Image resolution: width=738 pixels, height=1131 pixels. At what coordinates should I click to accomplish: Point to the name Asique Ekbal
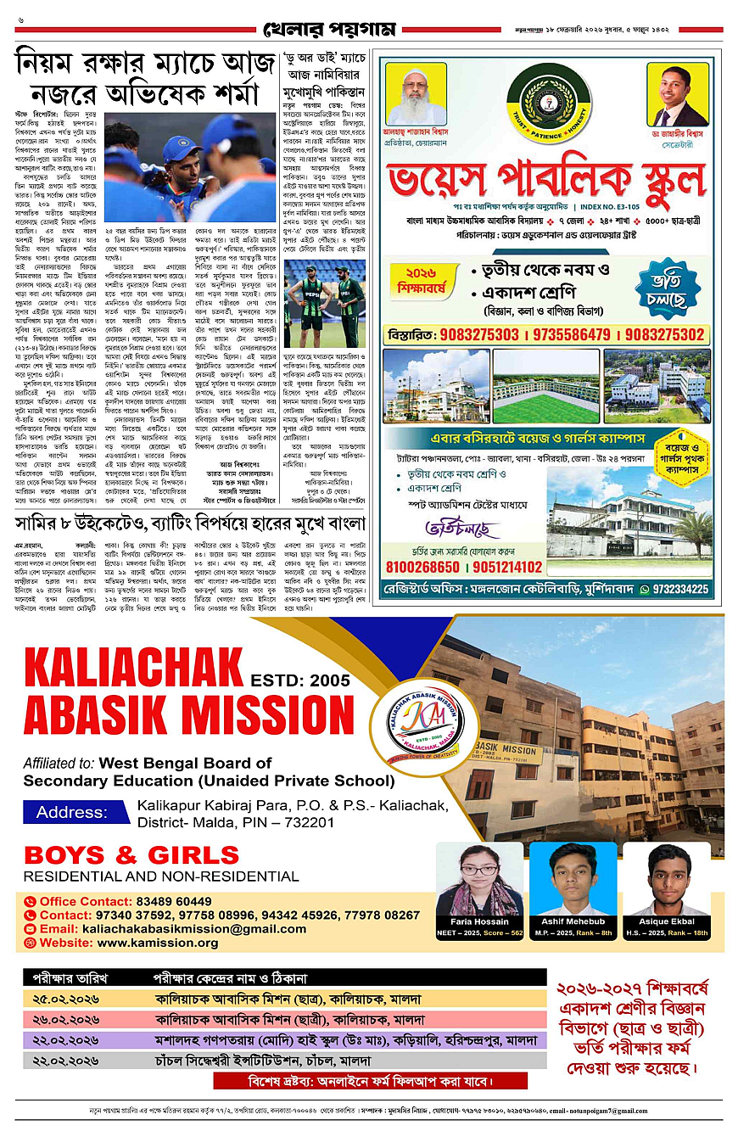pyautogui.click(x=666, y=920)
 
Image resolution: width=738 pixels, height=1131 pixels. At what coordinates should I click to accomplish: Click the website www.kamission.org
pyautogui.click(x=158, y=942)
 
